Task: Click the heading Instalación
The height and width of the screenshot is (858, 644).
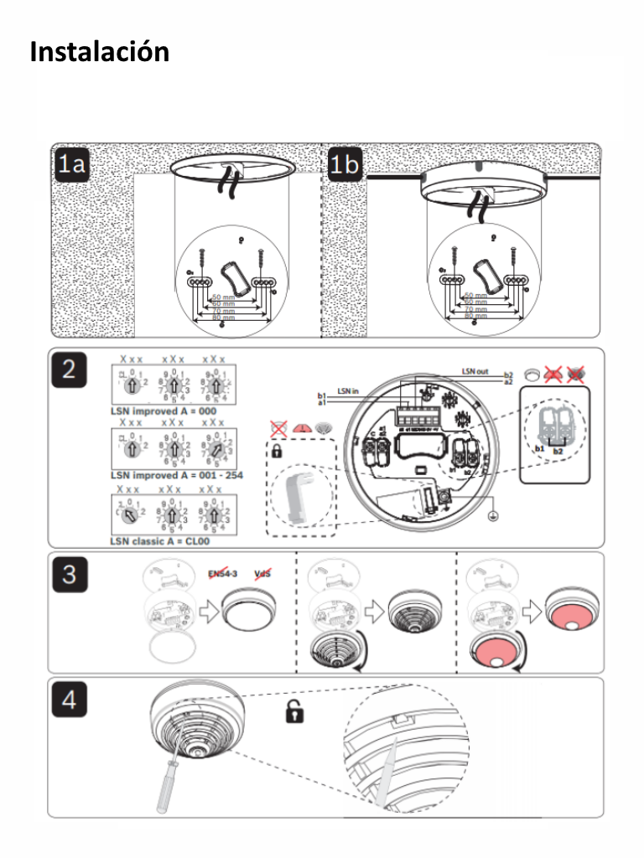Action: point(99,52)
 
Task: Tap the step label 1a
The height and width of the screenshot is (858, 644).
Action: point(72,165)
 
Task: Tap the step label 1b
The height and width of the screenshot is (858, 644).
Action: point(344,165)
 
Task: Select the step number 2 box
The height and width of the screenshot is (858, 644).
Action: point(70,370)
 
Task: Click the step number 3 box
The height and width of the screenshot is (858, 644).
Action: point(70,574)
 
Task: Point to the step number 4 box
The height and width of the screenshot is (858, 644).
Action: point(70,699)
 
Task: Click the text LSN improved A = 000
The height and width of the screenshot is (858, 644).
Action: point(164,411)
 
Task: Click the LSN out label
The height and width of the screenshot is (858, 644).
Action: point(475,370)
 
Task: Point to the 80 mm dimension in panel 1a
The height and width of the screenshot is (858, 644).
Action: point(223,318)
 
